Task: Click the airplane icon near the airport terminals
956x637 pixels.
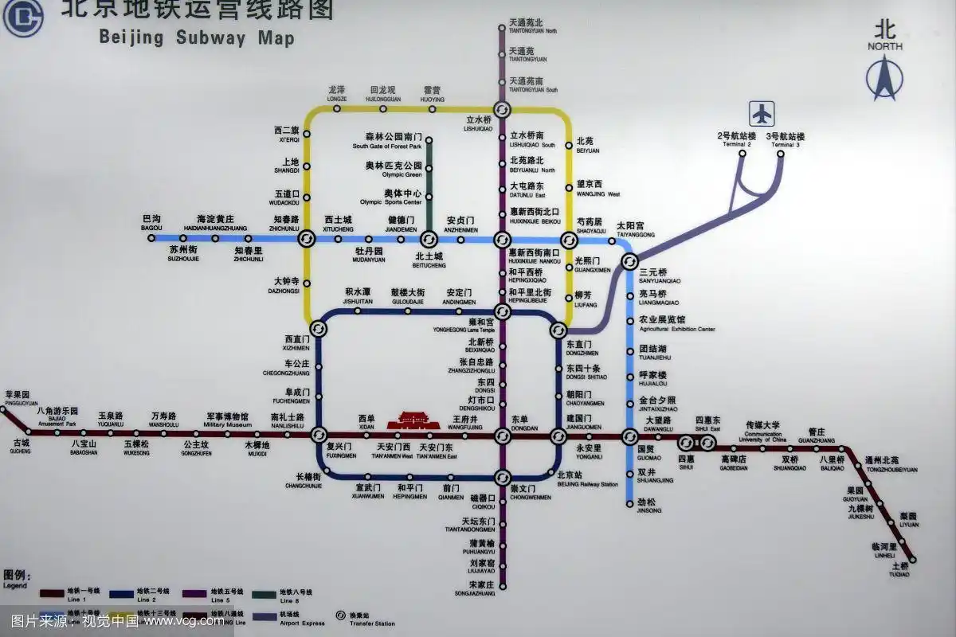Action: pos(762,114)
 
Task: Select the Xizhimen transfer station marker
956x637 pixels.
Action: pos(318,328)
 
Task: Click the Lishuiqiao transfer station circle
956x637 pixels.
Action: pos(502,109)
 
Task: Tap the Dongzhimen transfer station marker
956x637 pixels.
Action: pos(558,329)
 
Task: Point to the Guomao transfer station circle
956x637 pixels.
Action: pos(629,436)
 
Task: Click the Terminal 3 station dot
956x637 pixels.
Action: pos(780,153)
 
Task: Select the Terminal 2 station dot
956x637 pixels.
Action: pos(742,153)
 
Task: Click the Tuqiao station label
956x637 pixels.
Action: pos(900,569)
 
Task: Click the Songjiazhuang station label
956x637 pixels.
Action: pos(481,588)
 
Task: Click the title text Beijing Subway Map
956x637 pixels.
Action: pos(196,37)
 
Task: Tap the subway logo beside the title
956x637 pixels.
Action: pos(22,18)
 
